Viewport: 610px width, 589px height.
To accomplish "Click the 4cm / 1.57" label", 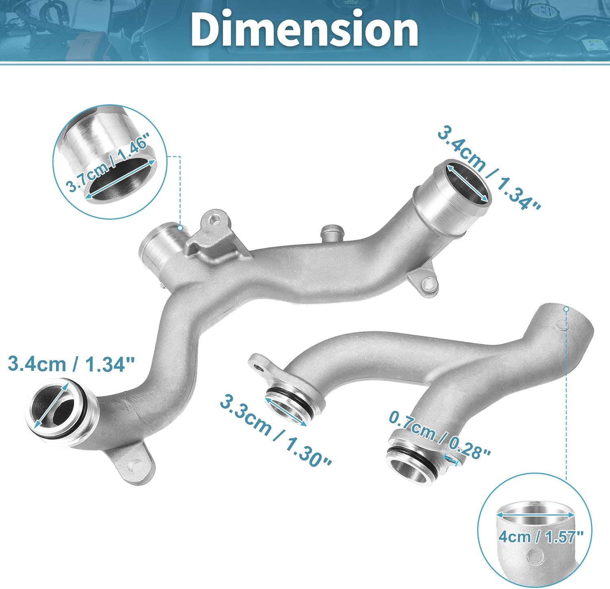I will click(x=540, y=536).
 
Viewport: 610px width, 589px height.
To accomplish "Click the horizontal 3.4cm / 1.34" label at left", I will click(x=71, y=363).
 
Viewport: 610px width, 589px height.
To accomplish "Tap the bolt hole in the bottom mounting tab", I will click(x=134, y=465).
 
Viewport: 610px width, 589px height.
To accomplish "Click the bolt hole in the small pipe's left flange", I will click(x=259, y=369).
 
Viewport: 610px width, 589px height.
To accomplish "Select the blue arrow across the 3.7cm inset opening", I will click(x=120, y=179).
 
